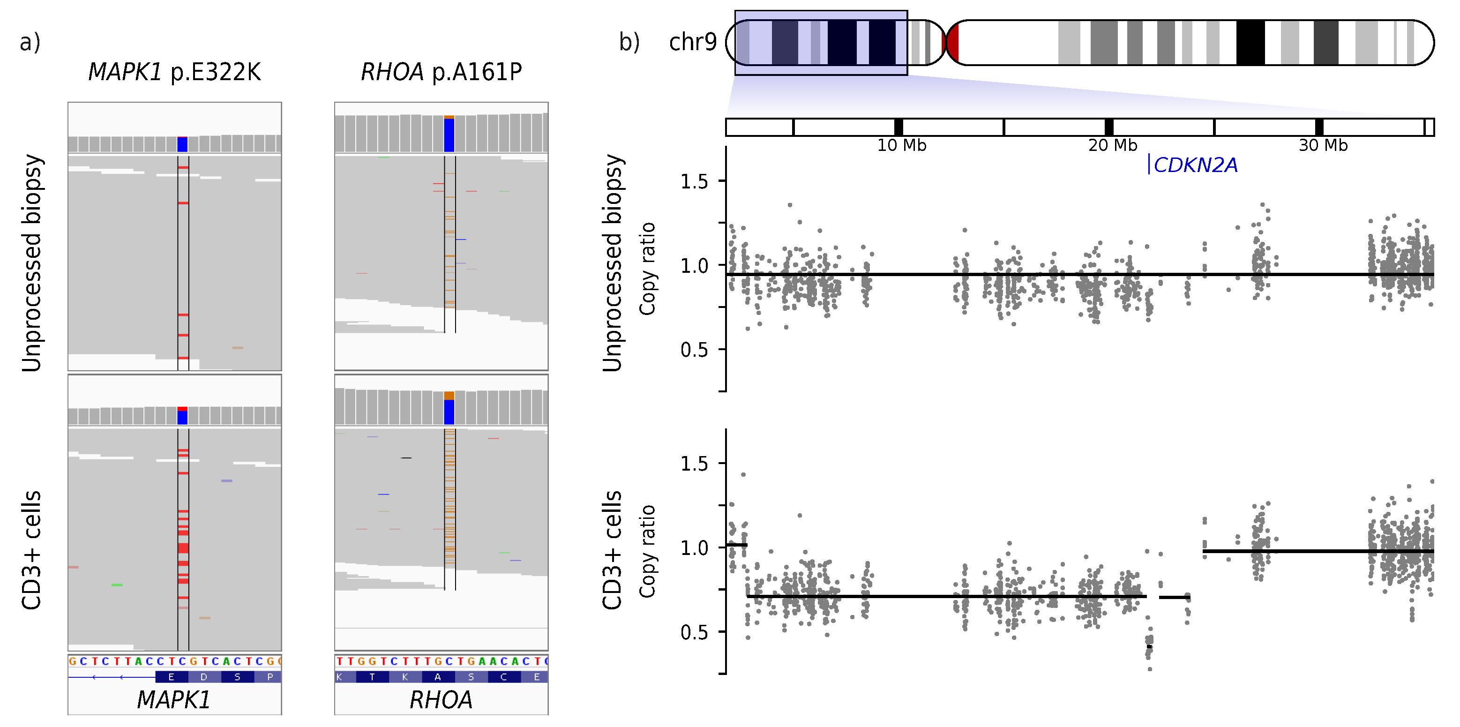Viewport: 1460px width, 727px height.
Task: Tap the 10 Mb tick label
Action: click(901, 146)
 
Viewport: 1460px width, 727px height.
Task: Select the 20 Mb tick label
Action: click(1112, 146)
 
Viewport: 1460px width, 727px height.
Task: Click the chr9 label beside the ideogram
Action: click(693, 42)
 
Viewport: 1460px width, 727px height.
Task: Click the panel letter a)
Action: click(30, 42)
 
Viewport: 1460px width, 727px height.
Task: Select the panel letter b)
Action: click(629, 42)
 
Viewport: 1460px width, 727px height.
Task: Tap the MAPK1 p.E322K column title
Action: click(174, 72)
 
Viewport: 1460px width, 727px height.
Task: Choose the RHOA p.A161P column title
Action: click(441, 72)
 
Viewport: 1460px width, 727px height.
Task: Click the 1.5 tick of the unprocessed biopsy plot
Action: click(694, 181)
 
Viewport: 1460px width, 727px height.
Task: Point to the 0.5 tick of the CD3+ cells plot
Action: click(694, 632)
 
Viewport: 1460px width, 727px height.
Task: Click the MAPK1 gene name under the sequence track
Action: click(174, 700)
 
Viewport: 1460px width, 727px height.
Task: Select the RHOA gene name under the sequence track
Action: click(441, 700)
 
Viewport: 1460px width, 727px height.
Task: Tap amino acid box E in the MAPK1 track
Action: click(171, 676)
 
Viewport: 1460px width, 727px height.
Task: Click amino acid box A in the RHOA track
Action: click(438, 676)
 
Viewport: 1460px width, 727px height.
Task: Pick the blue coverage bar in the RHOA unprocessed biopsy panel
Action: click(449, 135)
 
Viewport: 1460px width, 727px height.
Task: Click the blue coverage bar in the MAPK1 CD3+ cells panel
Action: click(182, 418)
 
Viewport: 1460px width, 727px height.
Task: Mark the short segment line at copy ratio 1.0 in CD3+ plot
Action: click(737, 545)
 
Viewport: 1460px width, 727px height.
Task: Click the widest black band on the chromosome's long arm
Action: click(1250, 43)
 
